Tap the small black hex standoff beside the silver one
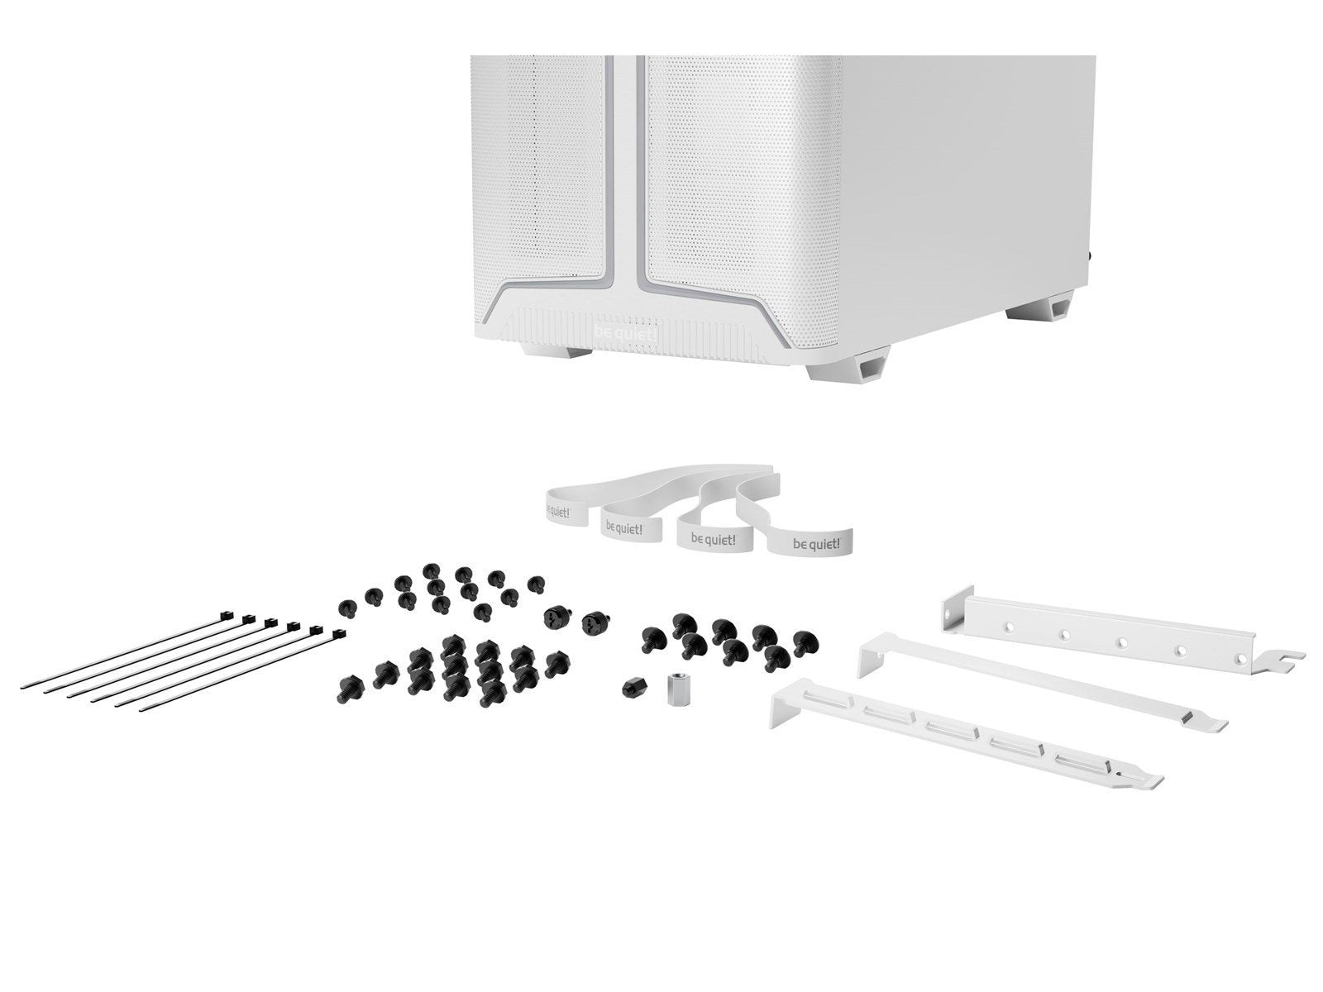[x=633, y=685]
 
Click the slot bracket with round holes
[x=1121, y=638]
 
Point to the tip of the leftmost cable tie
[x=24, y=686]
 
